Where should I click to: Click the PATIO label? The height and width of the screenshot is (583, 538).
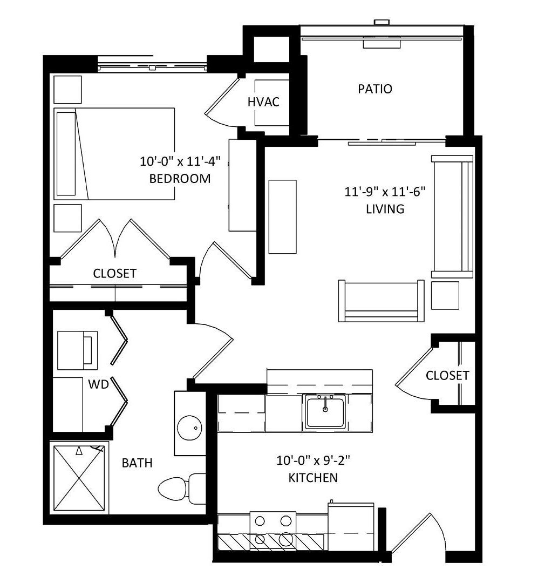tap(375, 89)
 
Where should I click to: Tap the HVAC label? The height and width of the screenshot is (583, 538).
tap(264, 102)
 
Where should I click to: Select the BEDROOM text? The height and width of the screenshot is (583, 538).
tap(180, 179)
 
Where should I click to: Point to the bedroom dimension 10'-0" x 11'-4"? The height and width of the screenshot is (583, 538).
tap(180, 161)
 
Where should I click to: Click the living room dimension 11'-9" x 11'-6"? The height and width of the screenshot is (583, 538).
tap(385, 192)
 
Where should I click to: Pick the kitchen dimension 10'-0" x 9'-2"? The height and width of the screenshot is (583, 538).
tap(314, 460)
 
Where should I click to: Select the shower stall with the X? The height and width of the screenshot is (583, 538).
tap(79, 478)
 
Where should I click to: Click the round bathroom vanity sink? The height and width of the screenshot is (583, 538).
tap(189, 428)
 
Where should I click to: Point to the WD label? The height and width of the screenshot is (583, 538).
tap(98, 384)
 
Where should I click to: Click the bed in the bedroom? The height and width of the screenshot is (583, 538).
tap(114, 154)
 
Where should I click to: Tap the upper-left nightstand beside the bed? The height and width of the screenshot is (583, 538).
tap(67, 90)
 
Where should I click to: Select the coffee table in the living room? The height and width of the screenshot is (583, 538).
tap(283, 217)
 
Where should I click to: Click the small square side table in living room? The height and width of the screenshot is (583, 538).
tap(445, 295)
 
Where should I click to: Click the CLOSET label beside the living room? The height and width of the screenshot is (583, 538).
tap(447, 376)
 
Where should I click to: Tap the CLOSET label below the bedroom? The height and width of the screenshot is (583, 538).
tap(114, 274)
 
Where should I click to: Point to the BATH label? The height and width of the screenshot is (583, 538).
tap(137, 463)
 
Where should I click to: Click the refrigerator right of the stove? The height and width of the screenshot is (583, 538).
tap(351, 526)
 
